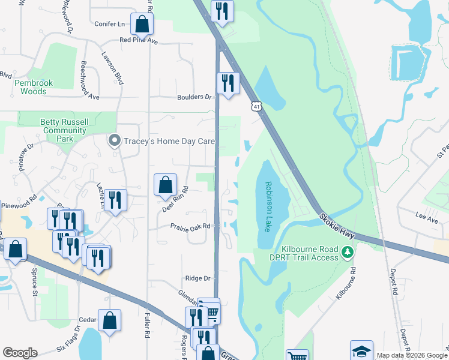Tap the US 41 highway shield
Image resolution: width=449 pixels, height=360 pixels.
pyautogui.click(x=256, y=106)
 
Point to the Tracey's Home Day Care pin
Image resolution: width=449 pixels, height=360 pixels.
pyautogui.click(x=114, y=141)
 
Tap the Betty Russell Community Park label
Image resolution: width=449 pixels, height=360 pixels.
pyautogui.click(x=64, y=130)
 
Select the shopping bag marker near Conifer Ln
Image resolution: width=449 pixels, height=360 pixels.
pyautogui.click(x=142, y=25)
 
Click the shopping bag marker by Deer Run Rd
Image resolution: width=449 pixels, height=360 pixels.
pyautogui.click(x=165, y=185)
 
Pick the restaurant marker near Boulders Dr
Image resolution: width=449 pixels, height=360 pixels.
pyautogui.click(x=228, y=83)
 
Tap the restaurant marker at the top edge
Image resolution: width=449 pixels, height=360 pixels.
pyautogui.click(x=222, y=11)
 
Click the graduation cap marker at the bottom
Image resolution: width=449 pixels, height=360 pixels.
pyautogui.click(x=361, y=351)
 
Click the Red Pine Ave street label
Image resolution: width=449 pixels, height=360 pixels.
pyautogui.click(x=138, y=41)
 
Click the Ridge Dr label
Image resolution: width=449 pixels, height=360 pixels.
pyautogui.click(x=198, y=278)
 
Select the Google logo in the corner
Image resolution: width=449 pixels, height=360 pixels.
pyautogui.click(x=20, y=353)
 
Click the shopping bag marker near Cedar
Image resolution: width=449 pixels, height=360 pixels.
pyautogui.click(x=110, y=320)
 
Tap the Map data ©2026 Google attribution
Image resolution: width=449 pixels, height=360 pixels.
pyautogui.click(x=412, y=355)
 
